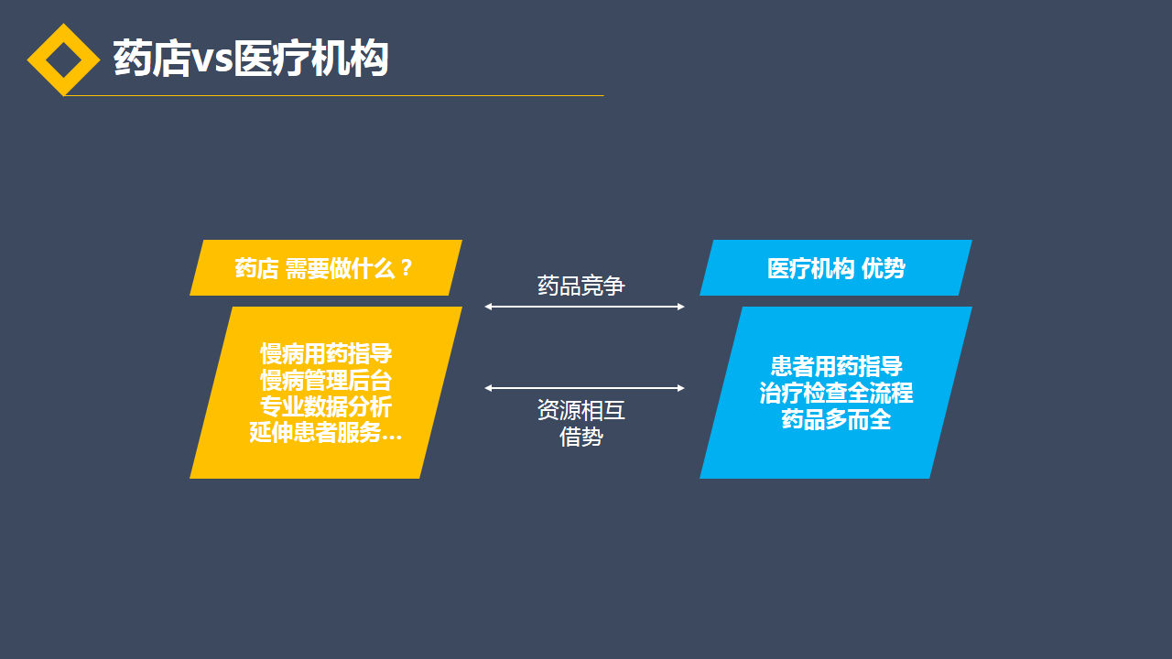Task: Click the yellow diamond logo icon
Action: tap(63, 59)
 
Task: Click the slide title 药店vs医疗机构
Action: tap(250, 59)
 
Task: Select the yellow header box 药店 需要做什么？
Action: tap(325, 268)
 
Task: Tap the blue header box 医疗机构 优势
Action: tap(835, 268)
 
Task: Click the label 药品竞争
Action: tap(581, 286)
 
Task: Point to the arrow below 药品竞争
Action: tap(584, 307)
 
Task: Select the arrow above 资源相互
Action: tap(584, 388)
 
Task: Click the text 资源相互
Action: tap(581, 410)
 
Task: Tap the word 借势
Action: tap(581, 437)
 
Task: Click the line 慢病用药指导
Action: tap(326, 353)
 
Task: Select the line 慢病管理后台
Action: tap(326, 380)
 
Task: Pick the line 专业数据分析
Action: tap(326, 406)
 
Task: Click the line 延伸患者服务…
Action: tap(326, 433)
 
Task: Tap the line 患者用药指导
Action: tap(836, 366)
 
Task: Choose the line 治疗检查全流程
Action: tap(836, 393)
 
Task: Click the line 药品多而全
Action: tap(836, 419)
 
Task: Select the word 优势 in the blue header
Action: tap(884, 268)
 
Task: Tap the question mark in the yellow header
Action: tap(407, 268)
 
